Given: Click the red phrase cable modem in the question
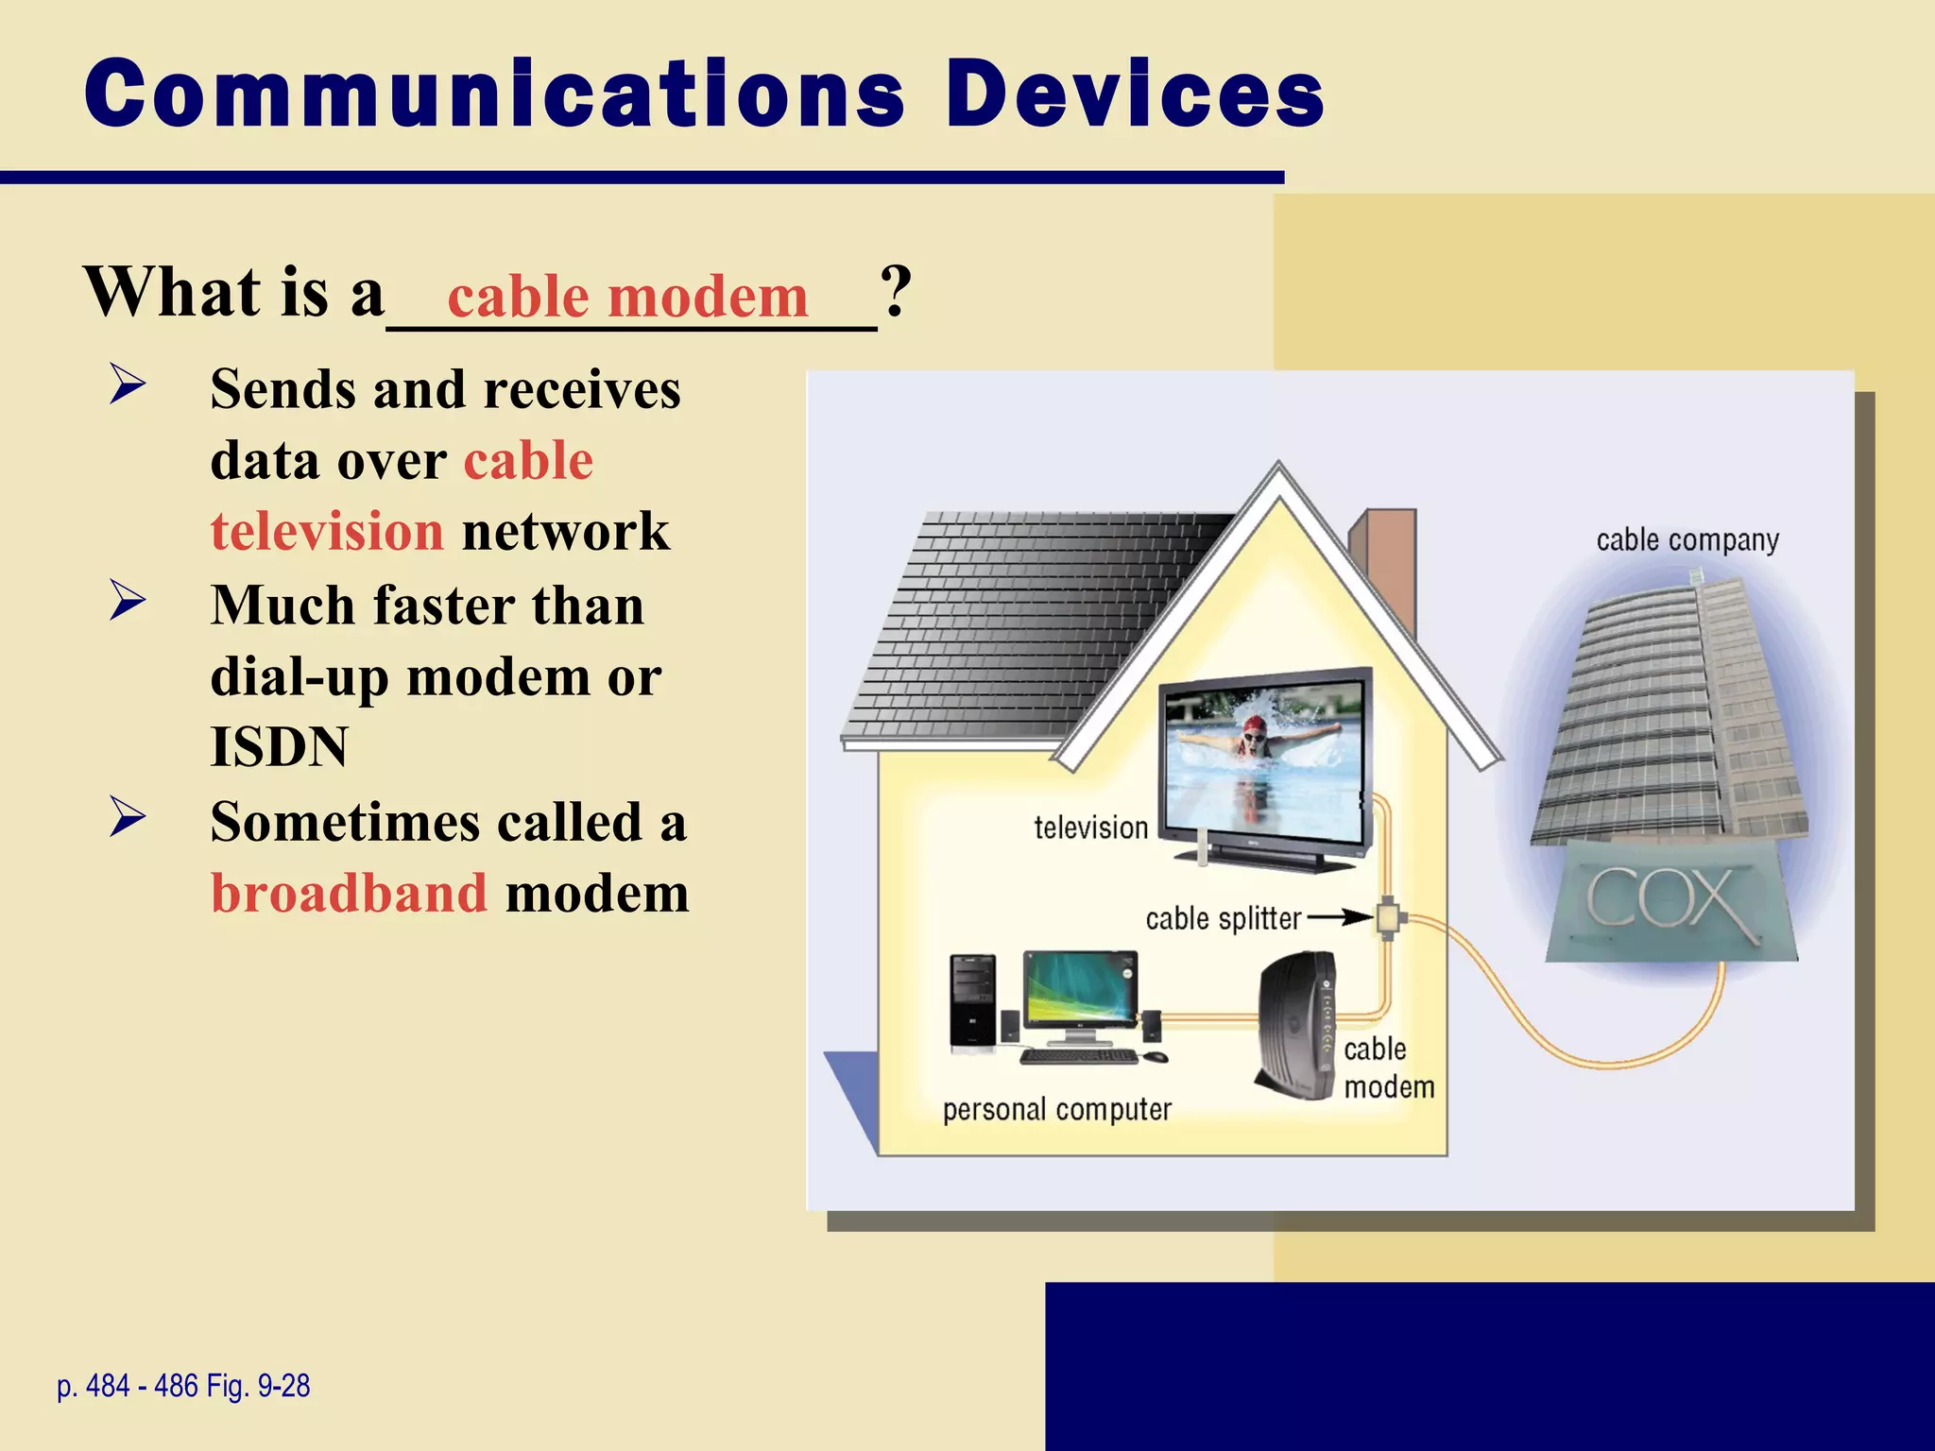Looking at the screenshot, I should click(627, 297).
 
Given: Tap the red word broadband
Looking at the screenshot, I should click(349, 893).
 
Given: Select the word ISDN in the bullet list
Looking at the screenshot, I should click(280, 746).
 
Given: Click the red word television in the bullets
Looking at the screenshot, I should click(327, 531).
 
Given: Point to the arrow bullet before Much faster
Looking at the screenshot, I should click(128, 601).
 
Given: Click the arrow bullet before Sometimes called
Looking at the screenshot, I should click(128, 817).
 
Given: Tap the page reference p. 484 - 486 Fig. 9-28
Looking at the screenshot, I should click(183, 1386).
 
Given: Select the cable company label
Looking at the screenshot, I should click(1687, 540).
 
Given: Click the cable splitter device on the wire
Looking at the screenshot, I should click(1387, 916).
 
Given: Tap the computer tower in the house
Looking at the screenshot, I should click(973, 1001).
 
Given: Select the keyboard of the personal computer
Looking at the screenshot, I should click(1079, 1056).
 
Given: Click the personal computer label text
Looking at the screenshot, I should click(1056, 1109).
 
